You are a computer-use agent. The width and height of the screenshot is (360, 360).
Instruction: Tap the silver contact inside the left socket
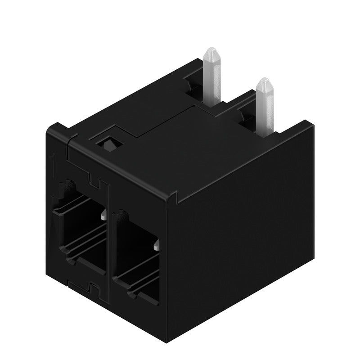click(x=103, y=216)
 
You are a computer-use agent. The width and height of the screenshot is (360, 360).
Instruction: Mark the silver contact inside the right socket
click(x=156, y=245)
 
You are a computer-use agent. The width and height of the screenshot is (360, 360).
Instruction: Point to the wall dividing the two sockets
click(x=108, y=243)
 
